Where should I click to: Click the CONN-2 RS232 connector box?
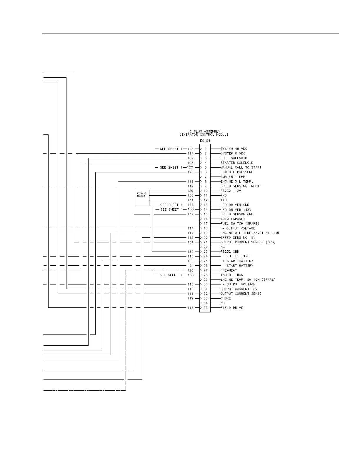tap(142, 198)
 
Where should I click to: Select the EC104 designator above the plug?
tap(205, 141)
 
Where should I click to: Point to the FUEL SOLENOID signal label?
tap(234, 158)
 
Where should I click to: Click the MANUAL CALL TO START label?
tap(241, 167)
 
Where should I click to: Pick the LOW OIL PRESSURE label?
tap(237, 172)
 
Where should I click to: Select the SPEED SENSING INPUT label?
tap(240, 186)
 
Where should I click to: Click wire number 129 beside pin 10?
tap(190, 191)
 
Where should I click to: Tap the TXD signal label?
tap(224, 200)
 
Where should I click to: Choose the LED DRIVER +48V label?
tap(236, 210)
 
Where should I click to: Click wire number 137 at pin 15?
tap(190, 214)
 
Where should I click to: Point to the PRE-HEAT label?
tap(229, 270)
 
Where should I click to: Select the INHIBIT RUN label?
tap(232, 275)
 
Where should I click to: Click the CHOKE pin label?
tap(226, 298)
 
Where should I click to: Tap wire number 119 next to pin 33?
tap(190, 298)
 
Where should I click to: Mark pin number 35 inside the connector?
tap(206, 308)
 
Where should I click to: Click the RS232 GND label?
tap(230, 252)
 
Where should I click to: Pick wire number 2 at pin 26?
tap(191, 266)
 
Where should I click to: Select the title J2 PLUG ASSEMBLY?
tap(204, 132)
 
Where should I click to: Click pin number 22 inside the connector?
tap(206, 247)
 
